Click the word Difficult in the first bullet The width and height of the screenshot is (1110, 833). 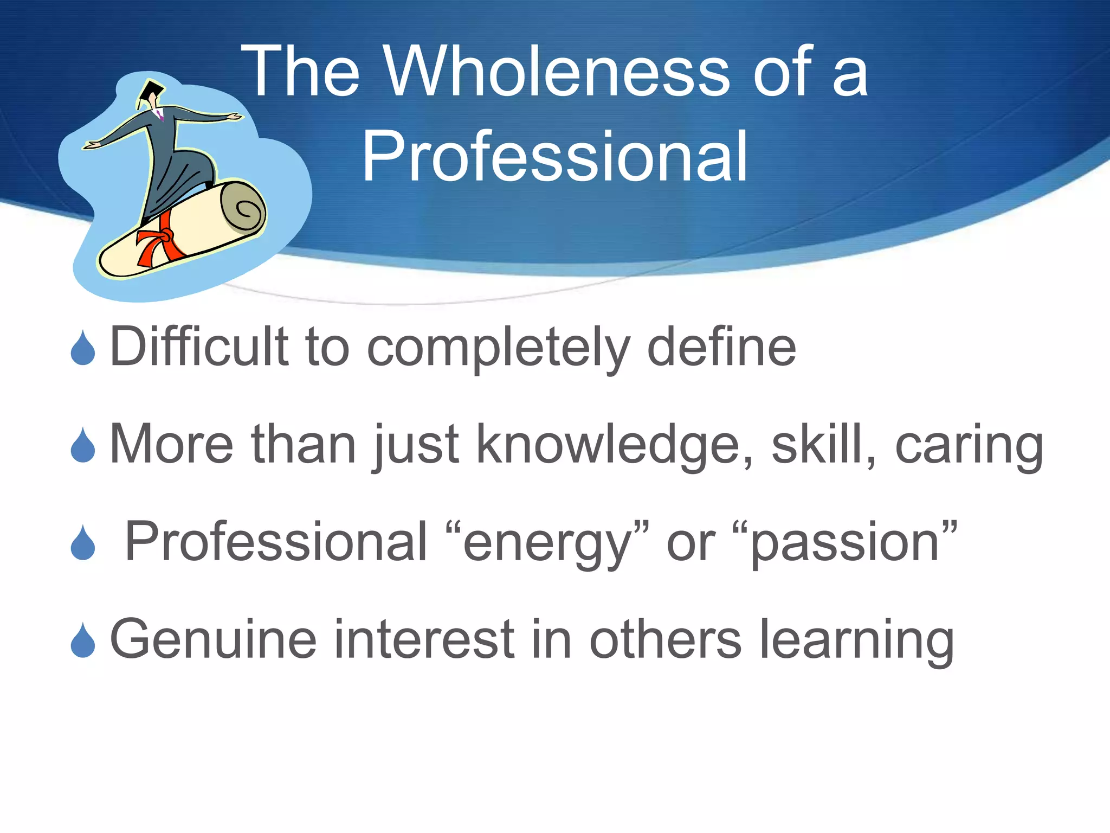pyautogui.click(x=199, y=347)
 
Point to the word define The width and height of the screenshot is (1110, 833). pyautogui.click(x=721, y=347)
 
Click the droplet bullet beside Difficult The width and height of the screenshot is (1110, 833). pyautogui.click(x=83, y=348)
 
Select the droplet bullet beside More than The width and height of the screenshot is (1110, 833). pyautogui.click(x=83, y=446)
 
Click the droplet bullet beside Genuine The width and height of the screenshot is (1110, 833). pyautogui.click(x=83, y=641)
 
